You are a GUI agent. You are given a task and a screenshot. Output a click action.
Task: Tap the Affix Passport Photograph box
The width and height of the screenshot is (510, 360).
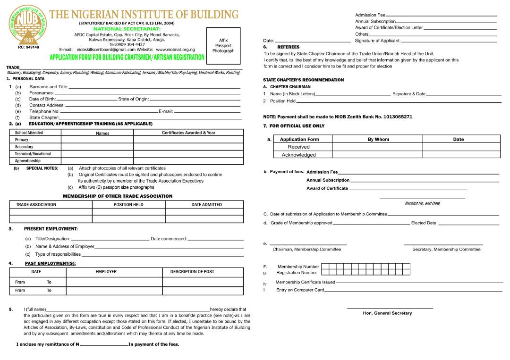223,46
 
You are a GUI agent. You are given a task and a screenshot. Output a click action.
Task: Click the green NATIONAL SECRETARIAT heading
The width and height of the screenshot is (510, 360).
127,29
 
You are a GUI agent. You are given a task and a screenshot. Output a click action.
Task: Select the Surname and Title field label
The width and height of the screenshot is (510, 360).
49,87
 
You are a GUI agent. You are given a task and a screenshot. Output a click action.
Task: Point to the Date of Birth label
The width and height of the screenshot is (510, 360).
42,99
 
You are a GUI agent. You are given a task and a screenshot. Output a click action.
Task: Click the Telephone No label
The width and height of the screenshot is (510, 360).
44,111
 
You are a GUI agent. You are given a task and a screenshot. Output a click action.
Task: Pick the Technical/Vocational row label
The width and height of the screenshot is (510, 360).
33,154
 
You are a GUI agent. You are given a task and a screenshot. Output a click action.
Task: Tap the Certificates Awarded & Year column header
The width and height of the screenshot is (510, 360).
188,133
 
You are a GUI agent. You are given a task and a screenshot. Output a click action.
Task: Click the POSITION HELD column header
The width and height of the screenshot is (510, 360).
128,205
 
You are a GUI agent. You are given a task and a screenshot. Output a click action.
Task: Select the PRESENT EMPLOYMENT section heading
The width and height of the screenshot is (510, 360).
51,229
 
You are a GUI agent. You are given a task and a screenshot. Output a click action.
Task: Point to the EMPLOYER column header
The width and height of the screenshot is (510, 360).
106,272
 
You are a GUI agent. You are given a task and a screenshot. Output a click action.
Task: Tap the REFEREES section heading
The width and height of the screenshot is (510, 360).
288,47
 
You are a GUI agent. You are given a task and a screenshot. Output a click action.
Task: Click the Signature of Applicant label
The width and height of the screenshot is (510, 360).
378,41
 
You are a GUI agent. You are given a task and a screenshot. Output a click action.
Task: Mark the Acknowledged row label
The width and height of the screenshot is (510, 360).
298,155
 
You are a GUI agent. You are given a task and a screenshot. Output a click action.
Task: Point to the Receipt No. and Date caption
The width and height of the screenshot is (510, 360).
422,203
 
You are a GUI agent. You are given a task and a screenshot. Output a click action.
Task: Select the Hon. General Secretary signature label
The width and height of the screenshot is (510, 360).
387,313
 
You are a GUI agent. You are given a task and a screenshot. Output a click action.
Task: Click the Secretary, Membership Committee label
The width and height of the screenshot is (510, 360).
446,249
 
